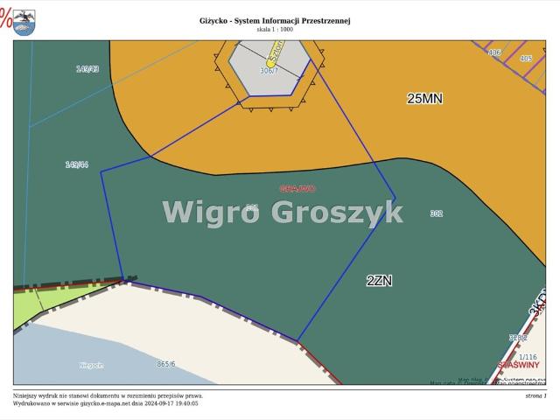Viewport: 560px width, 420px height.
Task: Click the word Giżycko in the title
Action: pos(216,21)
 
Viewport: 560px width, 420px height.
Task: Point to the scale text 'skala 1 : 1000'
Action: pos(275,30)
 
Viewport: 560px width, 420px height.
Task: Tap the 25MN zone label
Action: pos(424,99)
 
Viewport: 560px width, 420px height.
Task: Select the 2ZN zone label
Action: pos(380,281)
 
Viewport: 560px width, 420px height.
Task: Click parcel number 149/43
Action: pos(87,68)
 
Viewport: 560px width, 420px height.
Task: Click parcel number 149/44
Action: pos(77,164)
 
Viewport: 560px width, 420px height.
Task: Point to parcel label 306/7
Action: pos(269,71)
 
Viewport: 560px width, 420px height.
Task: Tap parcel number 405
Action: pos(525,59)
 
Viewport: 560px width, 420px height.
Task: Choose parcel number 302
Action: pos(437,213)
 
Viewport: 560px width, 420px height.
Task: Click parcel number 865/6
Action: pos(166,364)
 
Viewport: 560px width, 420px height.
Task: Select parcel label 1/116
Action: pos(528,357)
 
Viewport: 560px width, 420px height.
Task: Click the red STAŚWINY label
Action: pos(518,365)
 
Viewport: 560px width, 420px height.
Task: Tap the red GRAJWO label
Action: pos(297,189)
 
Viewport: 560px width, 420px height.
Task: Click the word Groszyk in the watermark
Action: pos(337,212)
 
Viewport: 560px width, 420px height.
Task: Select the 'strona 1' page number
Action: pos(535,395)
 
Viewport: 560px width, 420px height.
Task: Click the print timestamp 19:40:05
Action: pos(185,403)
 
